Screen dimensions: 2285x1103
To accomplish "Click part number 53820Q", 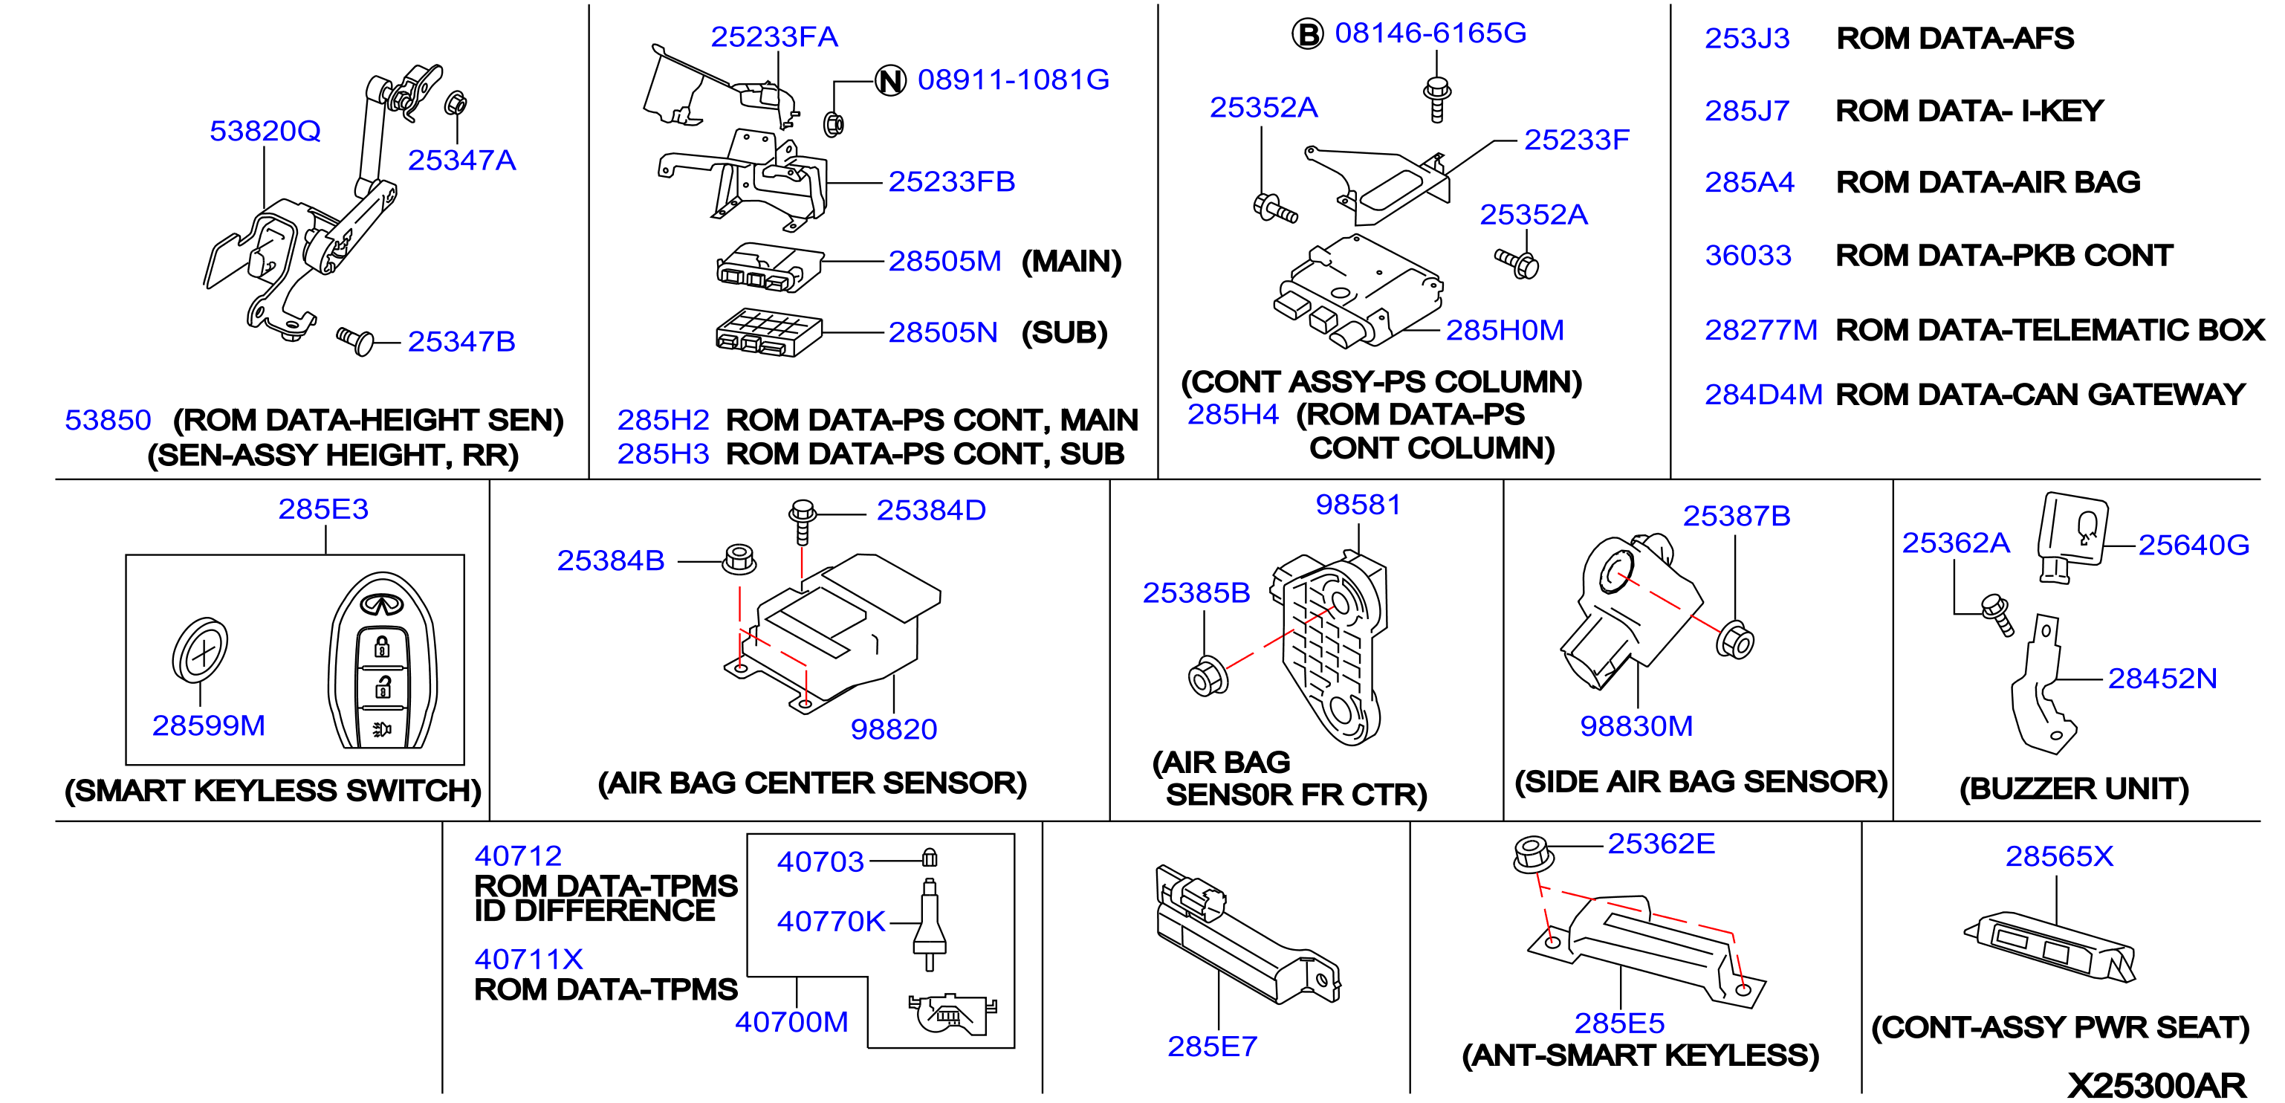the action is click(x=265, y=132).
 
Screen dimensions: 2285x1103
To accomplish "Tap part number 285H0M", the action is click(x=1505, y=330).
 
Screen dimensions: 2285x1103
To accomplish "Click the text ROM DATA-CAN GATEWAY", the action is click(x=2041, y=394).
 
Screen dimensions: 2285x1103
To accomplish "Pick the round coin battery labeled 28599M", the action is click(x=201, y=650).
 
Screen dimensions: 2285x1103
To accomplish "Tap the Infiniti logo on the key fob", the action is click(x=382, y=604).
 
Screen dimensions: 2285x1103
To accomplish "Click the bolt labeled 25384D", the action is click(x=802, y=520).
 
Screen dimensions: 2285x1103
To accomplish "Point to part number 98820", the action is click(x=893, y=729).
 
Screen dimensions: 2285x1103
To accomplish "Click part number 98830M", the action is click(x=1636, y=726).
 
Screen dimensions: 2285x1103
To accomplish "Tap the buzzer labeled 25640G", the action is click(x=2072, y=537).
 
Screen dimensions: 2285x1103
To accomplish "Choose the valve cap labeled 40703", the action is click(x=930, y=857).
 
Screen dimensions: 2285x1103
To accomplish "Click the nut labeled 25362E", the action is click(x=1533, y=855).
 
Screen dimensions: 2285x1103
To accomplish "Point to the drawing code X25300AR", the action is click(x=2156, y=1085).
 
